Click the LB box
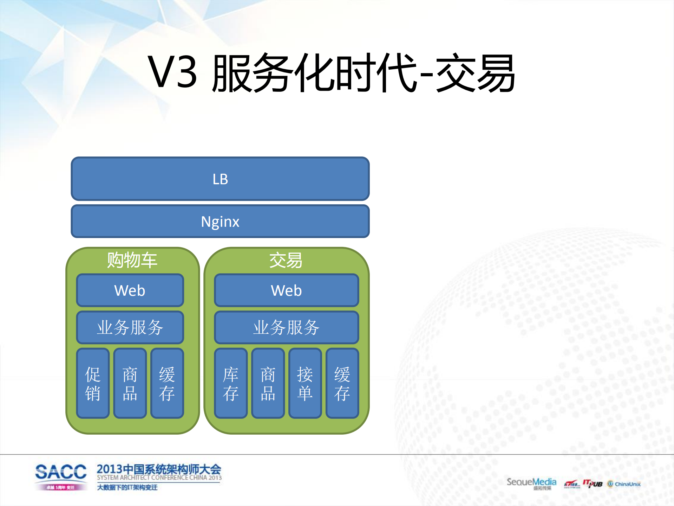point(220,179)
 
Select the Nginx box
point(220,222)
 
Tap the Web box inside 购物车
point(130,290)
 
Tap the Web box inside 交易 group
point(286,290)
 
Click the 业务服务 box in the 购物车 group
point(130,327)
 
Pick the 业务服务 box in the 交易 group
point(286,327)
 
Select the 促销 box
point(93,383)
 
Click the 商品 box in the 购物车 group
point(130,383)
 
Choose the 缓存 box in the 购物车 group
point(167,383)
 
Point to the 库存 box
point(231,383)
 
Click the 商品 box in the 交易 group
point(268,383)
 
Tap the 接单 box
point(305,383)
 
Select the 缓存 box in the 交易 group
point(342,383)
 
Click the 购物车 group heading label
point(132,260)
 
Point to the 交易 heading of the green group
point(286,260)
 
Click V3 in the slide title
point(172,72)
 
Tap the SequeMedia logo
point(531,482)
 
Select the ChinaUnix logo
point(624,484)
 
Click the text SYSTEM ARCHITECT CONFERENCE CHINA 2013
point(159,478)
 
